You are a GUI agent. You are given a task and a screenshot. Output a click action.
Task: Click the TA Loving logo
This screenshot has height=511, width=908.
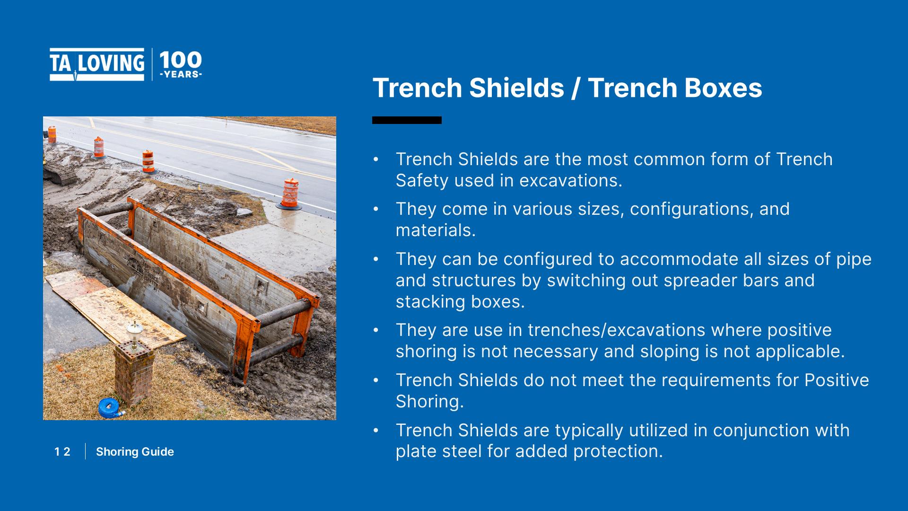97,64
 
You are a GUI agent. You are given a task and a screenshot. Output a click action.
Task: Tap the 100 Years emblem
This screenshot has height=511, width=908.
181,64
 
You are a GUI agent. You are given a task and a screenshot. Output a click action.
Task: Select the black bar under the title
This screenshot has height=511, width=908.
407,120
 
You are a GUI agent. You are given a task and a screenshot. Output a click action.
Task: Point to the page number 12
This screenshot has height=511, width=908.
62,452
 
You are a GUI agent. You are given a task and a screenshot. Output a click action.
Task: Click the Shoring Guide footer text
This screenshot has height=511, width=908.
135,452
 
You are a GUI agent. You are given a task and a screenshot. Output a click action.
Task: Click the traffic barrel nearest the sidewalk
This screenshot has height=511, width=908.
290,194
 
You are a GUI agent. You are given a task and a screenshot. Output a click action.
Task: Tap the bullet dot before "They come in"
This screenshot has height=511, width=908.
376,209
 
